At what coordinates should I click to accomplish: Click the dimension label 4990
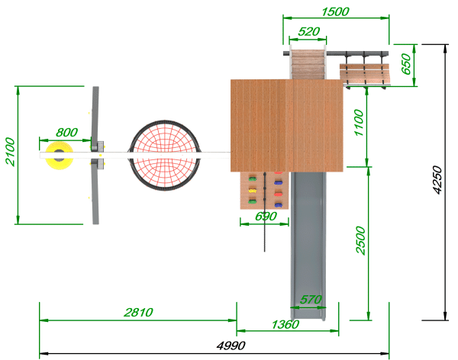pyautogui.click(x=231, y=346)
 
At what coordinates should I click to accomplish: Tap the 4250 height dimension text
pyautogui.click(x=437, y=179)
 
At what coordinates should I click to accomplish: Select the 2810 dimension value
pyautogui.click(x=138, y=313)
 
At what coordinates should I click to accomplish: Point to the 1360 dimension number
pyautogui.click(x=285, y=324)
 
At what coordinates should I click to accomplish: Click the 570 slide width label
pyautogui.click(x=311, y=300)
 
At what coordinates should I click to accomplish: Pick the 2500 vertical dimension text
pyautogui.click(x=361, y=240)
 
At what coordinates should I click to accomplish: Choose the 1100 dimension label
pyautogui.click(x=359, y=123)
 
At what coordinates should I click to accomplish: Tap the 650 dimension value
pyautogui.click(x=406, y=64)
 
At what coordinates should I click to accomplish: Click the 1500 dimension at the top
pyautogui.click(x=335, y=12)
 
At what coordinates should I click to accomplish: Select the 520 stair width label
pyautogui.click(x=308, y=31)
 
